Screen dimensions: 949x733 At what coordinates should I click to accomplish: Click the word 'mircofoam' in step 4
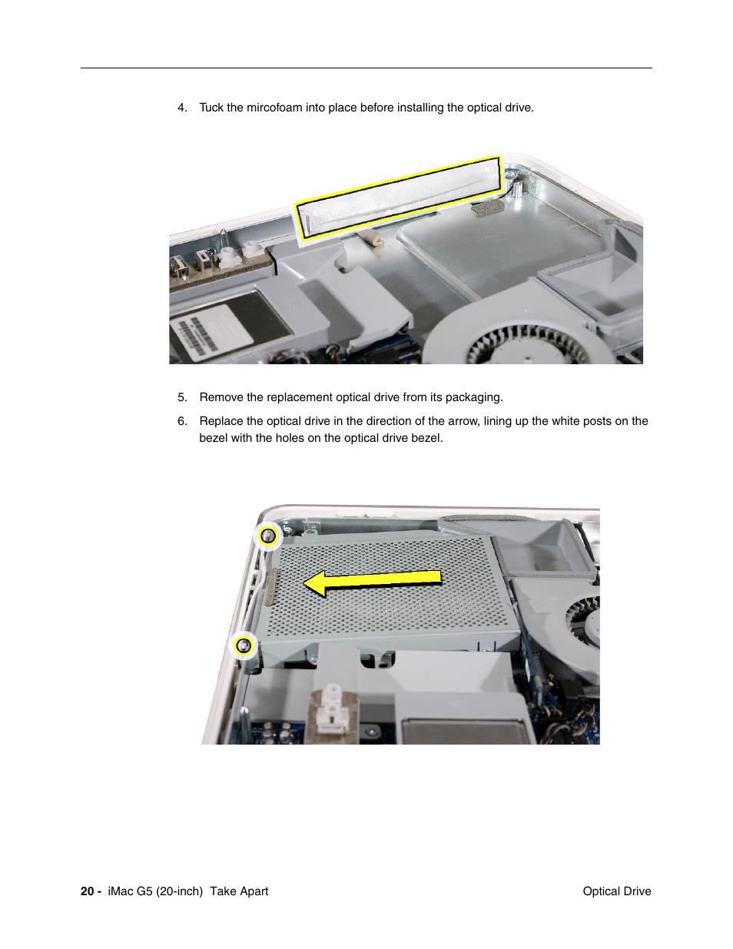(x=274, y=108)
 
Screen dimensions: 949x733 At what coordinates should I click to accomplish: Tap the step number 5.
(x=182, y=397)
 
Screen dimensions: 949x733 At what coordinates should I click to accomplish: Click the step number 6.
(x=182, y=421)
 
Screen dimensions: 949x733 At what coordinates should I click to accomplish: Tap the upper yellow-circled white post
(x=268, y=536)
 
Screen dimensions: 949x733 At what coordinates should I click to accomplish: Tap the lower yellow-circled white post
(x=244, y=645)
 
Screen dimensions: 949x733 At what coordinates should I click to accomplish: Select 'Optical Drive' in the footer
(x=616, y=891)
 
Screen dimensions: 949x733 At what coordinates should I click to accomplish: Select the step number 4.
(x=182, y=108)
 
